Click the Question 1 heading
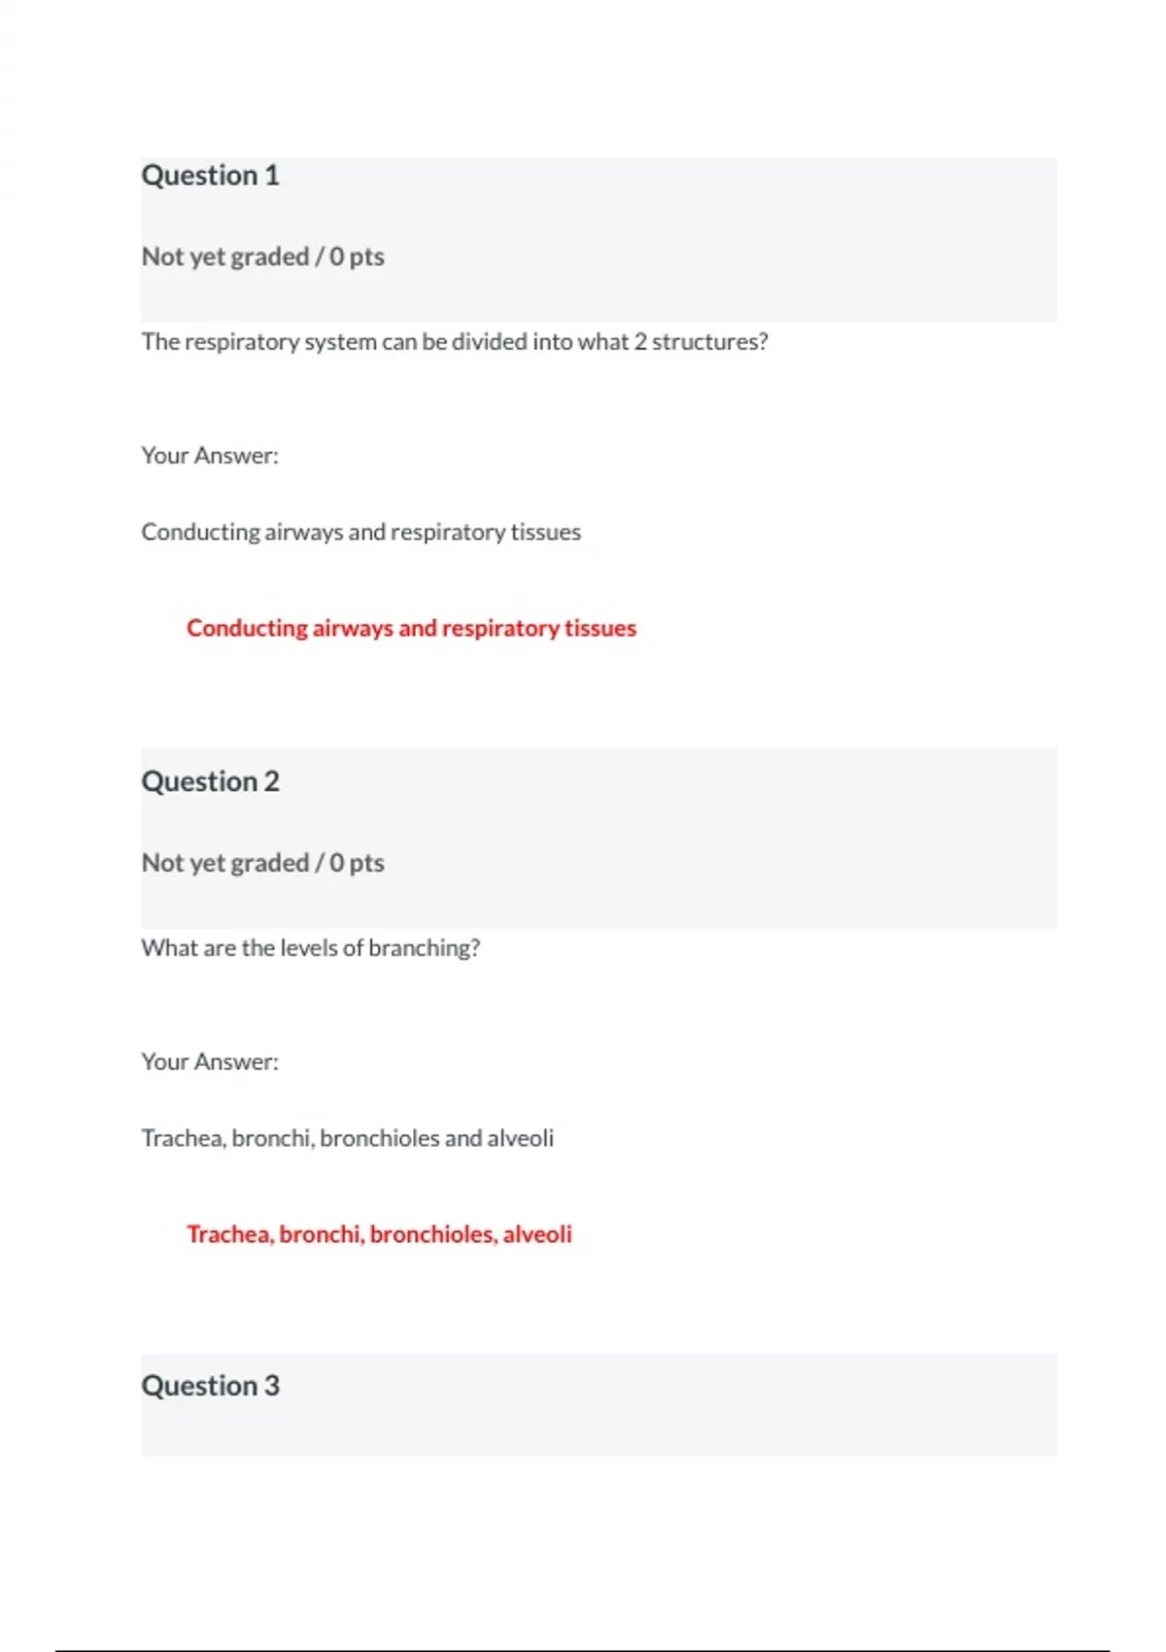pyautogui.click(x=210, y=175)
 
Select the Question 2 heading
pyautogui.click(x=210, y=781)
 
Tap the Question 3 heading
pyautogui.click(x=210, y=1386)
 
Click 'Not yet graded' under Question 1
pyautogui.click(x=224, y=257)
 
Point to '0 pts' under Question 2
pyautogui.click(x=357, y=863)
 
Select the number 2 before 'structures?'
pyautogui.click(x=639, y=342)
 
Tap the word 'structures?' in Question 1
pyautogui.click(x=709, y=342)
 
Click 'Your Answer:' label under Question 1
pyautogui.click(x=210, y=456)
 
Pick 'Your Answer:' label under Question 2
pyautogui.click(x=210, y=1062)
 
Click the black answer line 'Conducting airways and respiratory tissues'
pyautogui.click(x=360, y=533)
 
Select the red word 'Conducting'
pyautogui.click(x=247, y=629)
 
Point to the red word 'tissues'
pyautogui.click(x=600, y=629)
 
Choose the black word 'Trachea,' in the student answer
pyautogui.click(x=184, y=1138)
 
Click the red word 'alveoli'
pyautogui.click(x=537, y=1234)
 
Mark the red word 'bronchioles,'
pyautogui.click(x=433, y=1234)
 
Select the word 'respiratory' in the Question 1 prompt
pyautogui.click(x=241, y=342)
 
